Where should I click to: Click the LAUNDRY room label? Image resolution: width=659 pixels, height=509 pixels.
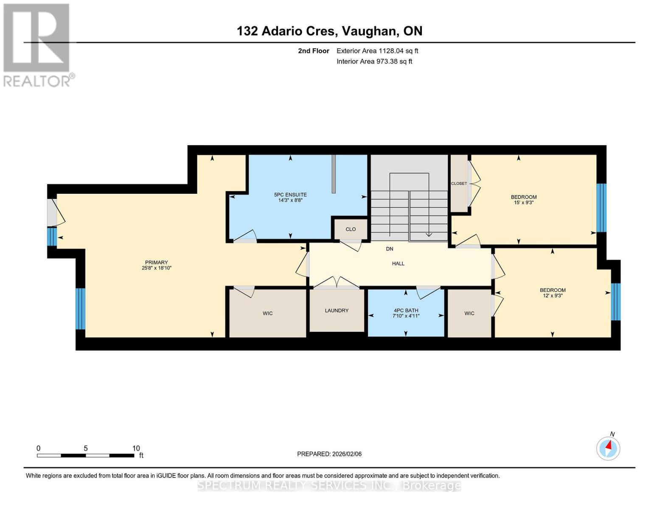337,310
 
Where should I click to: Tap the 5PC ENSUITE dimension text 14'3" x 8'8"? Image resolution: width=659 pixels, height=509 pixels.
290,200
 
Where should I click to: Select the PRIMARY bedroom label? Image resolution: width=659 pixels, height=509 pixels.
156,263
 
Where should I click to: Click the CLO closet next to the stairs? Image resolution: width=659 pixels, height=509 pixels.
351,229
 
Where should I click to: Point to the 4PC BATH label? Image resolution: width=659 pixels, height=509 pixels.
406,310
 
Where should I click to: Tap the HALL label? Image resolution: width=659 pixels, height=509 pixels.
398,263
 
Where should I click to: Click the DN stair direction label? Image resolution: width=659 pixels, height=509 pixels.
390,249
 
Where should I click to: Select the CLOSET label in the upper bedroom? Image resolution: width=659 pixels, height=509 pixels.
459,183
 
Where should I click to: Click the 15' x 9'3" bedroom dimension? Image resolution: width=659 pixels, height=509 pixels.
524,202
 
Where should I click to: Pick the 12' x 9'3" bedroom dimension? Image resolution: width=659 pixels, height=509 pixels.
552,296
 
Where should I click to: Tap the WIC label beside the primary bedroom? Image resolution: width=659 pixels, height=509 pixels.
267,313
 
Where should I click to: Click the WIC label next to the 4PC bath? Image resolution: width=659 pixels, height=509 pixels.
469,313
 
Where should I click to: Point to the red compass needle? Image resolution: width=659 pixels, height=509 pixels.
609,445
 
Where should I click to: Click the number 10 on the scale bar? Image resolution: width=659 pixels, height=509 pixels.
136,448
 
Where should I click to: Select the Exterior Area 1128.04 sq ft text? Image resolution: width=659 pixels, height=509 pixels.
377,51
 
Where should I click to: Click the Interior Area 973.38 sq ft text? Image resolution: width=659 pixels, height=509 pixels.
374,61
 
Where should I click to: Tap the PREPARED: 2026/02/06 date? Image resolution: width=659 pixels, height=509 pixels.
329,454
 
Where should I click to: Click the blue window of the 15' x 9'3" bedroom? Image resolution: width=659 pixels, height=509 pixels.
601,208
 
